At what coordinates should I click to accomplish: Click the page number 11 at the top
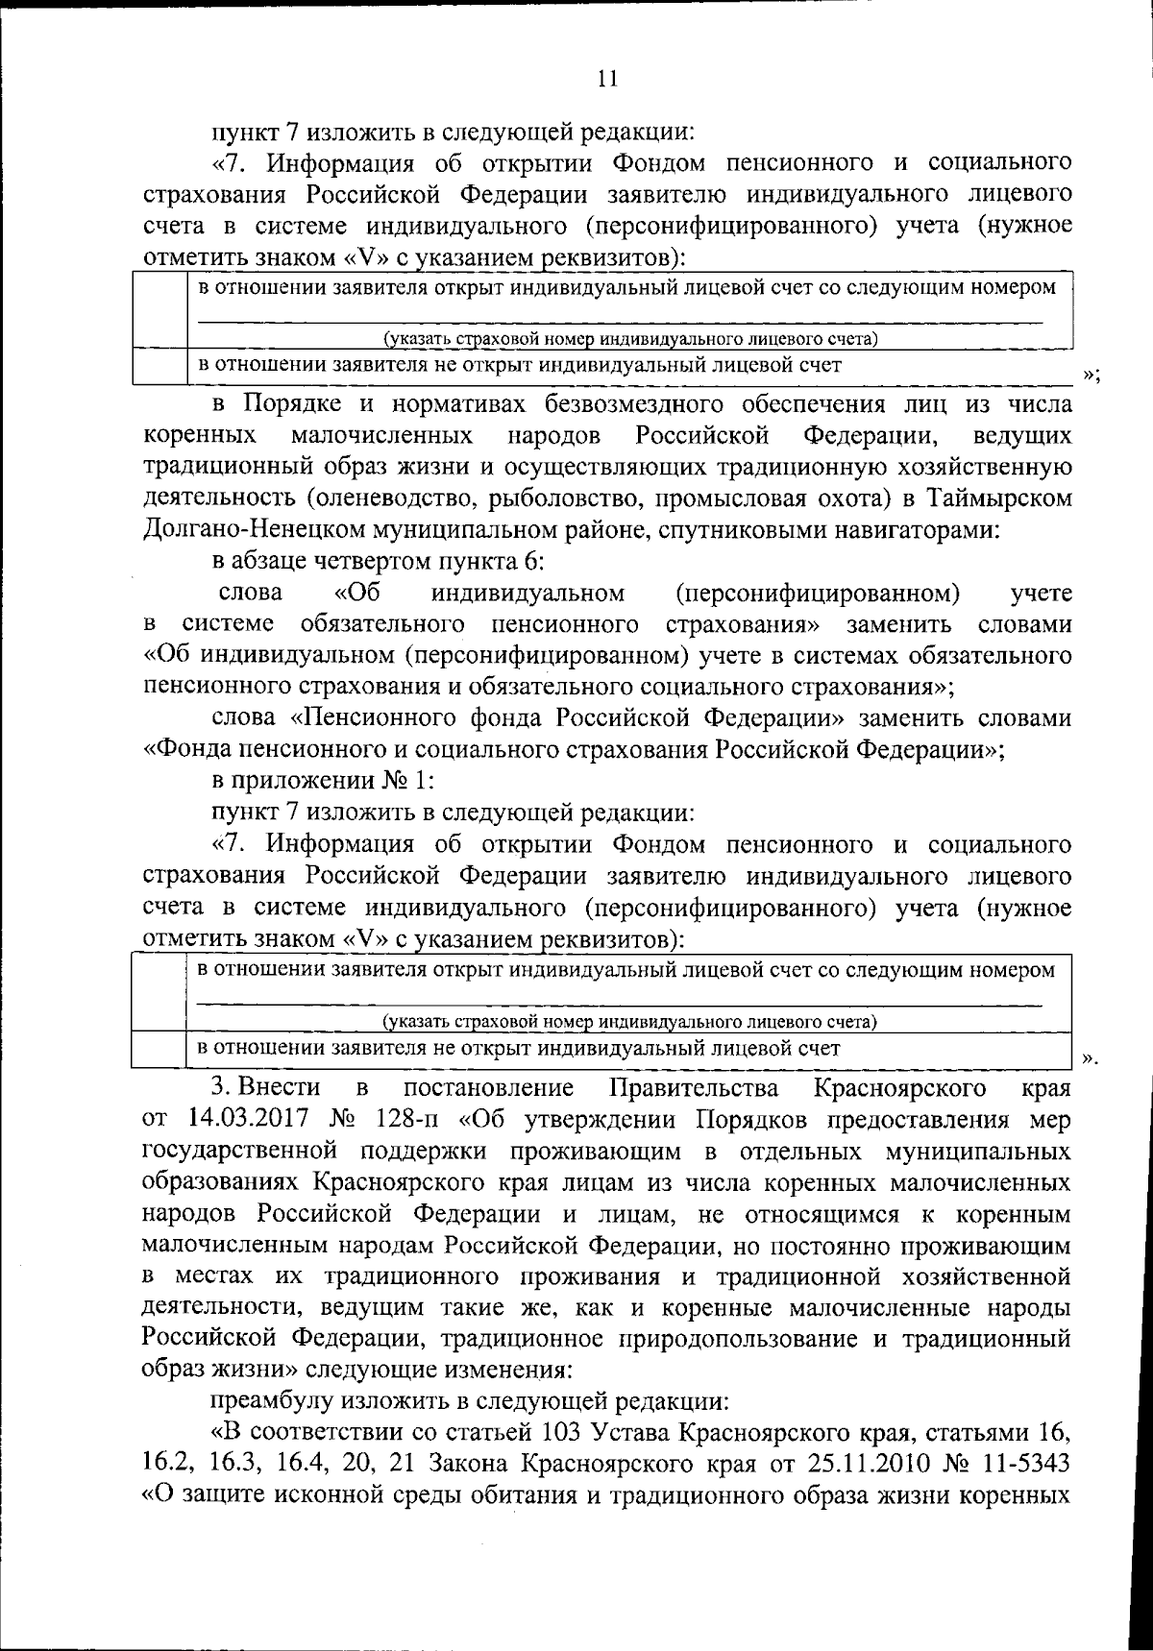click(606, 80)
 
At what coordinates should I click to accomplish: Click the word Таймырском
click(996, 498)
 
